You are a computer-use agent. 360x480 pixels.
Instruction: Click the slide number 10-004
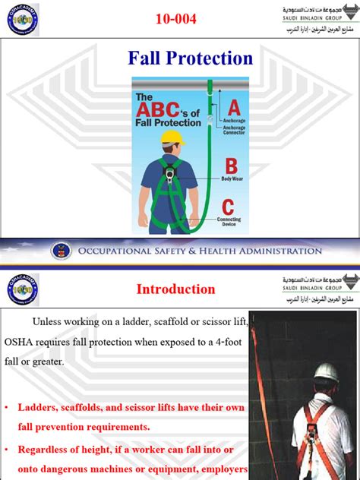[179, 18]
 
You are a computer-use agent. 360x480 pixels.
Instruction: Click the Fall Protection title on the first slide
[190, 58]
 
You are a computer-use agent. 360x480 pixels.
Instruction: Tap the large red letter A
[234, 106]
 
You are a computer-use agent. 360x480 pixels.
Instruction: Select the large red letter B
[231, 166]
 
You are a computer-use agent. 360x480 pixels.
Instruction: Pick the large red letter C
[228, 206]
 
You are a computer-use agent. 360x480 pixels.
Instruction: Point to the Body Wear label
[231, 178]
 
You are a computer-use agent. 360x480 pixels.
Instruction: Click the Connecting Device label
[229, 222]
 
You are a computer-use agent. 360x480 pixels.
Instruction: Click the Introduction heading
[175, 289]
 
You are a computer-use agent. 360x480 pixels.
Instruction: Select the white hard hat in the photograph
[328, 371]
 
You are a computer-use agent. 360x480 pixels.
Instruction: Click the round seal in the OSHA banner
[61, 251]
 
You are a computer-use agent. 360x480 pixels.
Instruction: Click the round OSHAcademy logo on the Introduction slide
[23, 290]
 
